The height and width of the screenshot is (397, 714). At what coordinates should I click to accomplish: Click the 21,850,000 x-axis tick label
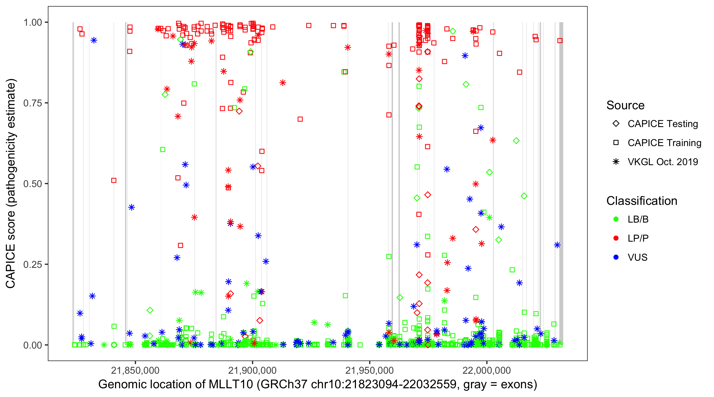pos(135,370)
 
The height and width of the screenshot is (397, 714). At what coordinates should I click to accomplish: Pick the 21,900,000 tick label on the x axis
pos(252,370)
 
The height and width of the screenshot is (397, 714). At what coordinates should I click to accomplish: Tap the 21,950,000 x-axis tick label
pos(369,370)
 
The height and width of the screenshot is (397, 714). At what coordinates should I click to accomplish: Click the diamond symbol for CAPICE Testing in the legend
pos(616,124)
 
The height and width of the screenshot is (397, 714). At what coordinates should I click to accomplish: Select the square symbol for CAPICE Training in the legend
pos(616,143)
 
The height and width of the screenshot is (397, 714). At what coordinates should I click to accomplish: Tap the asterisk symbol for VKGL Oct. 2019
pos(616,162)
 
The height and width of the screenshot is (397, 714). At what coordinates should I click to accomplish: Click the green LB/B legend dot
pos(616,219)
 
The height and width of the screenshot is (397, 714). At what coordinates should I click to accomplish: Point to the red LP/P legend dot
pos(616,238)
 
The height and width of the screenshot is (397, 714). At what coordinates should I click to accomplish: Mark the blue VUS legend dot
pos(616,257)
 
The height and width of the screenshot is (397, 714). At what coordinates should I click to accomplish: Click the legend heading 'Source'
pos(625,105)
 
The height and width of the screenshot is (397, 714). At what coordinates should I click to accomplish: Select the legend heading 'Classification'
pos(642,201)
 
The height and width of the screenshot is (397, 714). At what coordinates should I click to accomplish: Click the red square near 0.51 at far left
pos(114,180)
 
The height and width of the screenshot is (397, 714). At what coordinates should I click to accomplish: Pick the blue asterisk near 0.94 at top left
pos(94,40)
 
